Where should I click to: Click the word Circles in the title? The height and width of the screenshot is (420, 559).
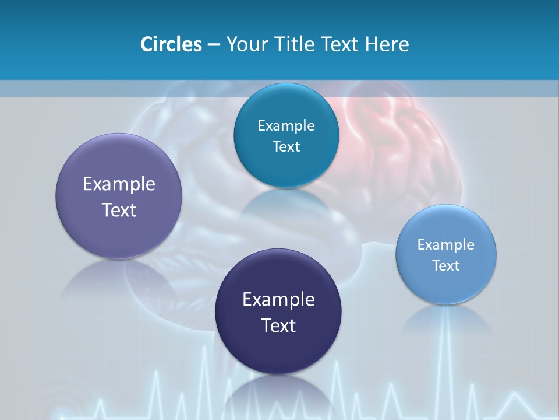(171, 44)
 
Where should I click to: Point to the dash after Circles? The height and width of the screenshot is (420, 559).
(214, 45)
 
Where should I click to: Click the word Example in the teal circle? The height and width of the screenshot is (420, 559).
(286, 126)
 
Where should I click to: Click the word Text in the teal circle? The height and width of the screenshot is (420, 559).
(286, 147)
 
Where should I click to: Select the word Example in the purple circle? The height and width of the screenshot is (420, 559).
(119, 184)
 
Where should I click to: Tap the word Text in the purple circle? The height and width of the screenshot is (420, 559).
(119, 210)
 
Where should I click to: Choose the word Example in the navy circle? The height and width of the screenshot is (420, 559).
(278, 300)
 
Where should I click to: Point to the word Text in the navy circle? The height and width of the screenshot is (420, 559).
(278, 325)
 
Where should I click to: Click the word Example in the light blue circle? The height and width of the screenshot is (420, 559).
(446, 245)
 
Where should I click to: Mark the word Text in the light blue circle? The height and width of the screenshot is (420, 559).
(446, 266)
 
